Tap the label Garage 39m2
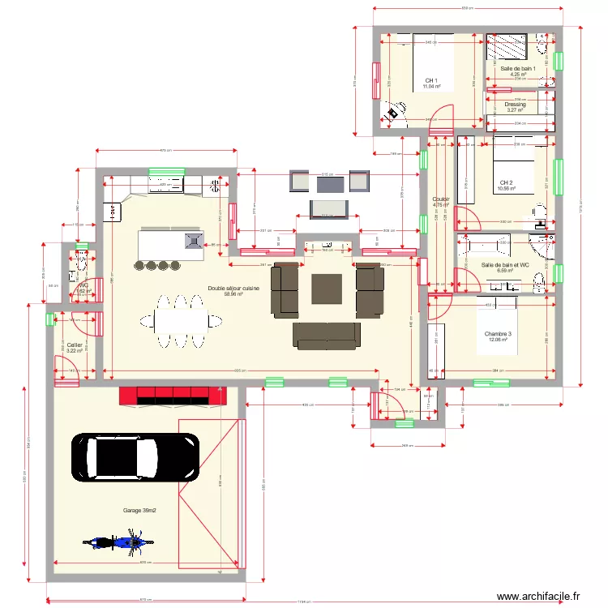(x=139, y=511)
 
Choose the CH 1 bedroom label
(x=430, y=81)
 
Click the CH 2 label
(x=506, y=183)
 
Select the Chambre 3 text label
(x=498, y=334)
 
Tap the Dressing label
(x=515, y=105)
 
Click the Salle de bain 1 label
(x=518, y=69)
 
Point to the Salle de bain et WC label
(x=505, y=265)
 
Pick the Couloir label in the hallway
(x=440, y=199)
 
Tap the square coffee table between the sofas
(x=328, y=289)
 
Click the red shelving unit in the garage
(x=172, y=395)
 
